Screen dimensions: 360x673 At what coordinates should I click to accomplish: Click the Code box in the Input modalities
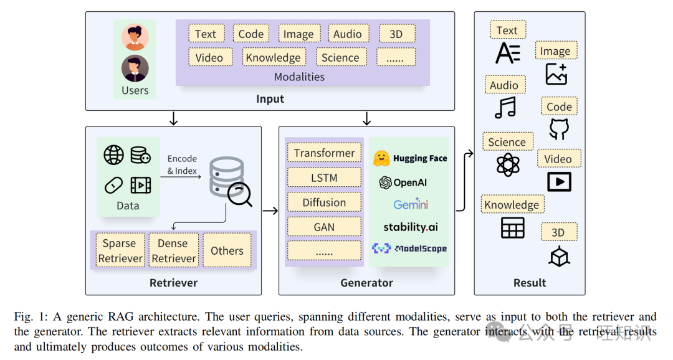pyautogui.click(x=251, y=34)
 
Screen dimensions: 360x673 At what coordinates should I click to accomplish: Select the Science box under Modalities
pyautogui.click(x=340, y=57)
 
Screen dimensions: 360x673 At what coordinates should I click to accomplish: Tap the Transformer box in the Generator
pyautogui.click(x=324, y=153)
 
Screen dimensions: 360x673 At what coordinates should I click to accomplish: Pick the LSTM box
pyautogui.click(x=324, y=178)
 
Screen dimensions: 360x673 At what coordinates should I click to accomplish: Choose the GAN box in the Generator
pyautogui.click(x=324, y=227)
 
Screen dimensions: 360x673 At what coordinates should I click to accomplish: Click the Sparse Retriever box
pyautogui.click(x=120, y=250)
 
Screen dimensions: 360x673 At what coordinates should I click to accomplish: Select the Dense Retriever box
pyautogui.click(x=174, y=250)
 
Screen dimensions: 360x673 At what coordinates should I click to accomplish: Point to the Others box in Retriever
pyautogui.click(x=227, y=250)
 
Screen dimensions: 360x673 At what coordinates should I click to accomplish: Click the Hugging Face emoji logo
pyautogui.click(x=381, y=158)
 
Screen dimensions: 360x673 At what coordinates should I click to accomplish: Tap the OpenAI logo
pyautogui.click(x=385, y=182)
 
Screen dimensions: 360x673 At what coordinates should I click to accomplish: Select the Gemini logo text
pyautogui.click(x=411, y=204)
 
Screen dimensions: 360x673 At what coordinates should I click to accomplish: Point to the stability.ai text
pyautogui.click(x=411, y=227)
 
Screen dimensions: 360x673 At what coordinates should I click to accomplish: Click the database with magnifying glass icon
pyautogui.click(x=230, y=182)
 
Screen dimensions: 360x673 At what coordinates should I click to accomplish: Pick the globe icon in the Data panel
pyautogui.click(x=113, y=156)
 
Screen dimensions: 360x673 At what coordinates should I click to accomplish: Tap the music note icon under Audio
pyautogui.click(x=505, y=107)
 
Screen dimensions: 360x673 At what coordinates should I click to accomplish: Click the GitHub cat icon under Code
pyautogui.click(x=559, y=129)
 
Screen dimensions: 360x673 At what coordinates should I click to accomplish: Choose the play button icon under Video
pyautogui.click(x=558, y=181)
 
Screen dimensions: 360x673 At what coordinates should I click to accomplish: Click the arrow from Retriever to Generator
pyautogui.click(x=270, y=211)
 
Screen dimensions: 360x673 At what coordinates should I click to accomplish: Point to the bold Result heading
pyautogui.click(x=529, y=283)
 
